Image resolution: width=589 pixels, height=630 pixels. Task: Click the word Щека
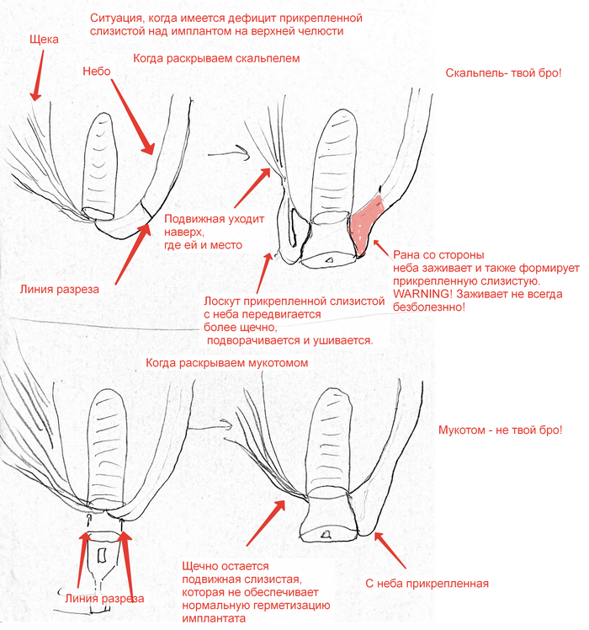(43, 39)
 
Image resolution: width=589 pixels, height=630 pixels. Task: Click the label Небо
(98, 72)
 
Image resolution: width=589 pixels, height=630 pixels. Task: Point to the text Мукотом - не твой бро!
(500, 430)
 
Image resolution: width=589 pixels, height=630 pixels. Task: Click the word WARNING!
(410, 294)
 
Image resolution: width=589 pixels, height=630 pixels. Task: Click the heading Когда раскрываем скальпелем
(216, 59)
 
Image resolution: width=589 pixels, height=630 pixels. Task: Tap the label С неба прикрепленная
(427, 583)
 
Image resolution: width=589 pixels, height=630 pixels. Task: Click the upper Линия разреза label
(59, 289)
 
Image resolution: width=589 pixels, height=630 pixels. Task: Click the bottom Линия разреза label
(103, 599)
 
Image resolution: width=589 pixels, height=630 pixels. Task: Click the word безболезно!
(422, 307)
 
